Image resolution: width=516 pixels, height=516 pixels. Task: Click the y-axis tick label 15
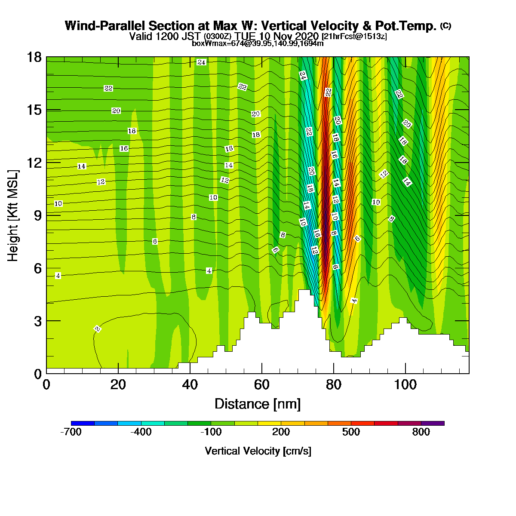[35, 110]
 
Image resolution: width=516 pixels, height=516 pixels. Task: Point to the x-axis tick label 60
[261, 385]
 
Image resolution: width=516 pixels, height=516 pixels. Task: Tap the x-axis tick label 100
[405, 385]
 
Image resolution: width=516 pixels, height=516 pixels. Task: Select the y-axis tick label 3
[38, 321]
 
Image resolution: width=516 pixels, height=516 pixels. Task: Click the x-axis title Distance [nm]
[258, 404]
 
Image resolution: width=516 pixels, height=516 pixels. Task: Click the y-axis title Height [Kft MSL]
[12, 215]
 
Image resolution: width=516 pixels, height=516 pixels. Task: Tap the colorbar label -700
[71, 432]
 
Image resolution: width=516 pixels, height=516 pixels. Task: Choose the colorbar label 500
[351, 432]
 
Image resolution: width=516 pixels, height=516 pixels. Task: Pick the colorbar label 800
[421, 432]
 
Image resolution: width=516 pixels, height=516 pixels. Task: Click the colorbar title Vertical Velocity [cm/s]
[258, 451]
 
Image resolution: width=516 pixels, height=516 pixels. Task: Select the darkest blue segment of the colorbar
[83, 423]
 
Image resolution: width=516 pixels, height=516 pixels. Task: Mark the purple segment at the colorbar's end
[433, 423]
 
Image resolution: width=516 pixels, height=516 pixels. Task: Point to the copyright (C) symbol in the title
[445, 26]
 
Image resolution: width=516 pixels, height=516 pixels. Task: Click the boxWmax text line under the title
[258, 43]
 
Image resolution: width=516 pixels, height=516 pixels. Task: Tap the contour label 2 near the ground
[98, 329]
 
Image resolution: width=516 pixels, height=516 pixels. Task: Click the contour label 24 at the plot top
[201, 62]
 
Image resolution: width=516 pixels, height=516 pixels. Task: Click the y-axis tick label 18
[35, 57]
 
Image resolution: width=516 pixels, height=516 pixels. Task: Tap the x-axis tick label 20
[118, 385]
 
